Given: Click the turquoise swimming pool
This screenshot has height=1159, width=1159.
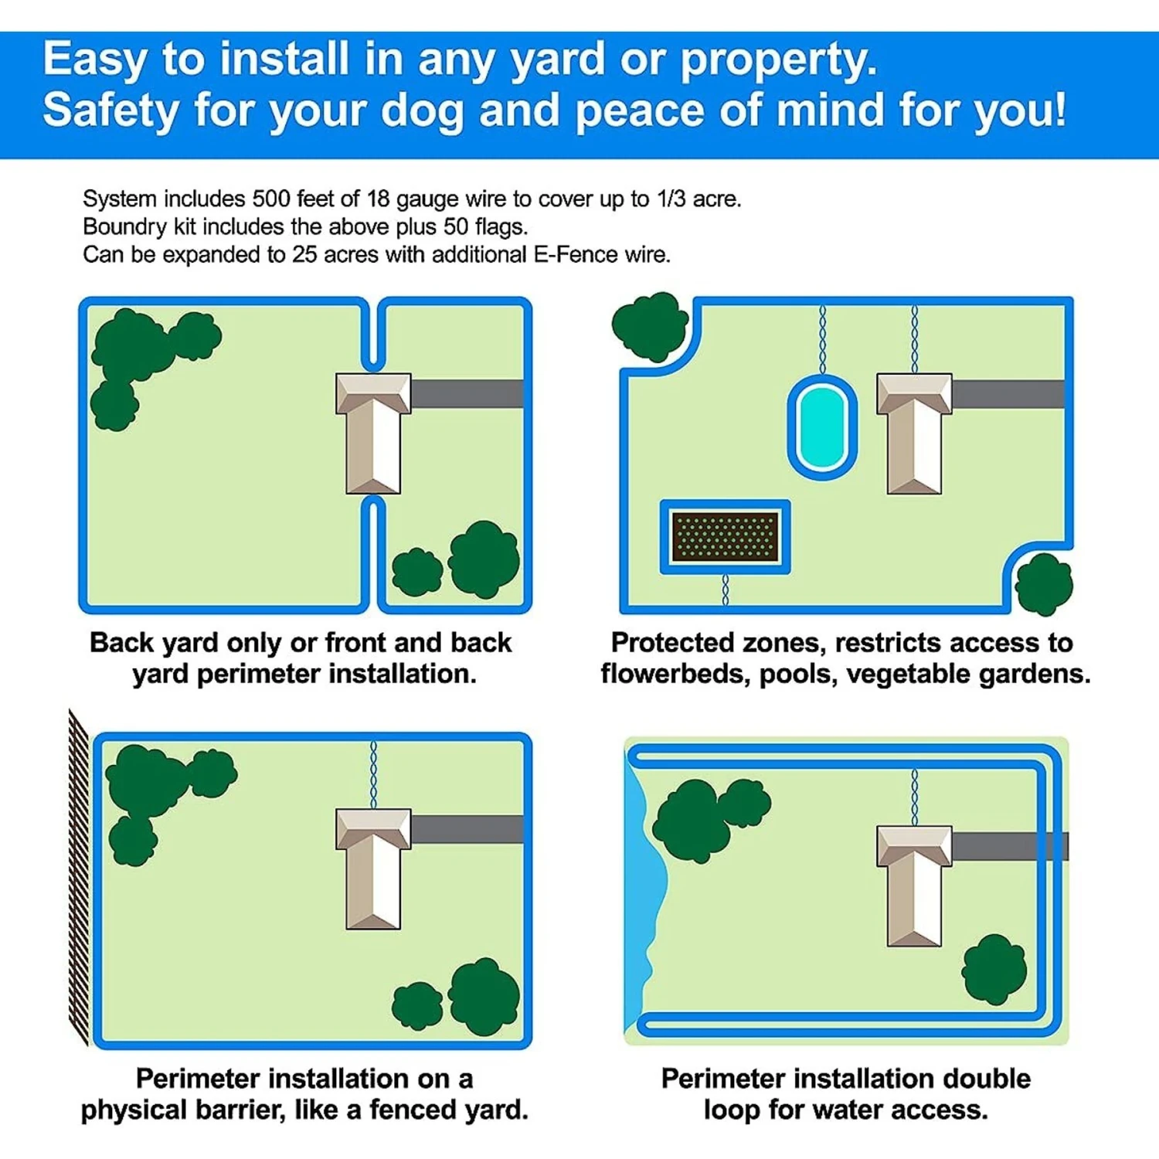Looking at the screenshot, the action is [822, 427].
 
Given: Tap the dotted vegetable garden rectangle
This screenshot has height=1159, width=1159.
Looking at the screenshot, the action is [725, 536].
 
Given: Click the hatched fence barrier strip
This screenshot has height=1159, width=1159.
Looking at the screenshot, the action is [79, 877].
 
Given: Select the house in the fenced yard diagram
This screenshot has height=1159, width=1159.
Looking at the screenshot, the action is [373, 868].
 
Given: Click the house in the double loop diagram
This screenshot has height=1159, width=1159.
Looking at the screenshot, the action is [914, 885].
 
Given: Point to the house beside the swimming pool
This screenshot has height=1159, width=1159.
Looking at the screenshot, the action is [914, 433].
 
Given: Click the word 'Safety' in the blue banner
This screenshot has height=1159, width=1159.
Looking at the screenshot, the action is [110, 110].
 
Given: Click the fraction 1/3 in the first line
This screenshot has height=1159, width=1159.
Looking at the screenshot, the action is [671, 199].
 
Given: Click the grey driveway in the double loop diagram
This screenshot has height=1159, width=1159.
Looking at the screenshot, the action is [1010, 846].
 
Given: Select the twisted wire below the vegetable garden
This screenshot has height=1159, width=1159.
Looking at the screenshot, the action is [725, 589].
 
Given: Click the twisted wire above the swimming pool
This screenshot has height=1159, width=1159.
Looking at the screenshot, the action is [822, 340].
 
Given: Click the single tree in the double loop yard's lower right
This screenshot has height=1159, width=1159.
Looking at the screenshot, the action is [994, 969].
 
